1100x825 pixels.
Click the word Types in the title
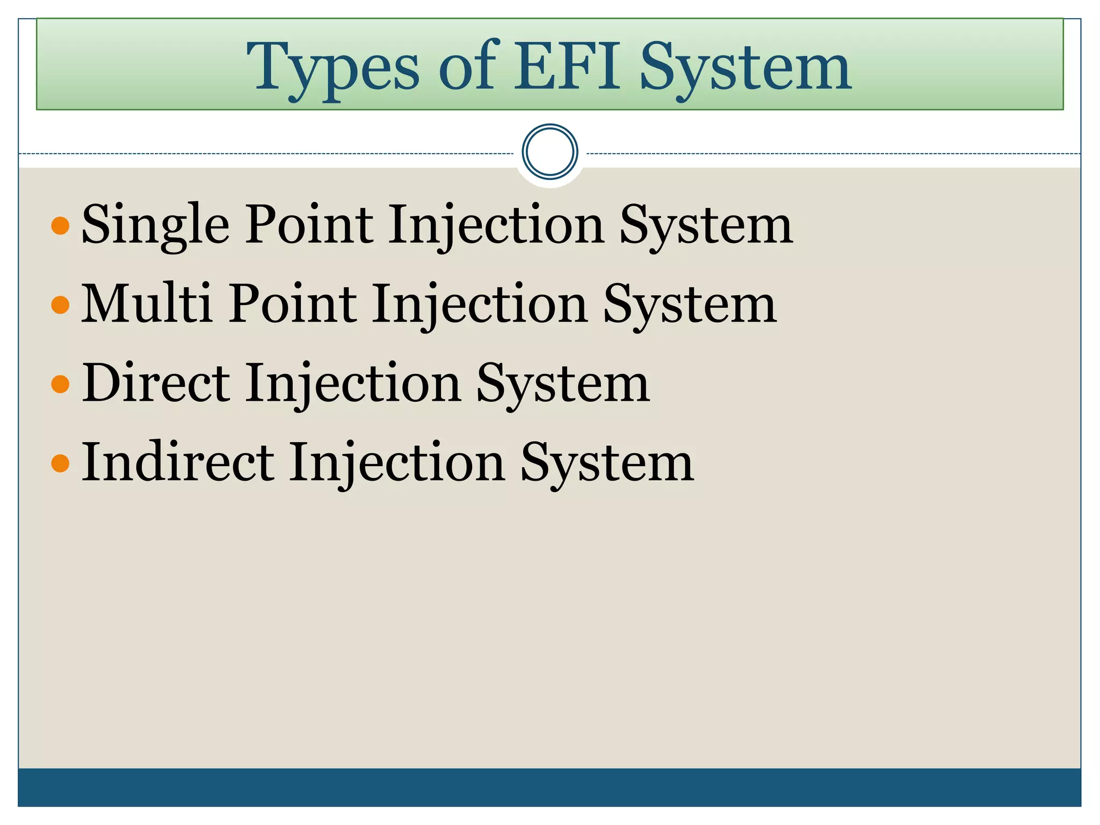tap(332, 68)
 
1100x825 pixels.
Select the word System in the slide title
tap(745, 68)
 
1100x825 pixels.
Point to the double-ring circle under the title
tap(549, 152)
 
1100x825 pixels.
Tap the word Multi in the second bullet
tap(146, 304)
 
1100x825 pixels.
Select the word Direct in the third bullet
tap(156, 383)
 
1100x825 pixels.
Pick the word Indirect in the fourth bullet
tap(178, 462)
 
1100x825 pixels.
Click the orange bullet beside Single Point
tap(60, 226)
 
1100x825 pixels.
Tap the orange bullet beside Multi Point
tap(60, 305)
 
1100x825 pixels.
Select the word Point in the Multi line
tap(293, 304)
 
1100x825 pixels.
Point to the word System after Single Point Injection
tap(706, 226)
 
